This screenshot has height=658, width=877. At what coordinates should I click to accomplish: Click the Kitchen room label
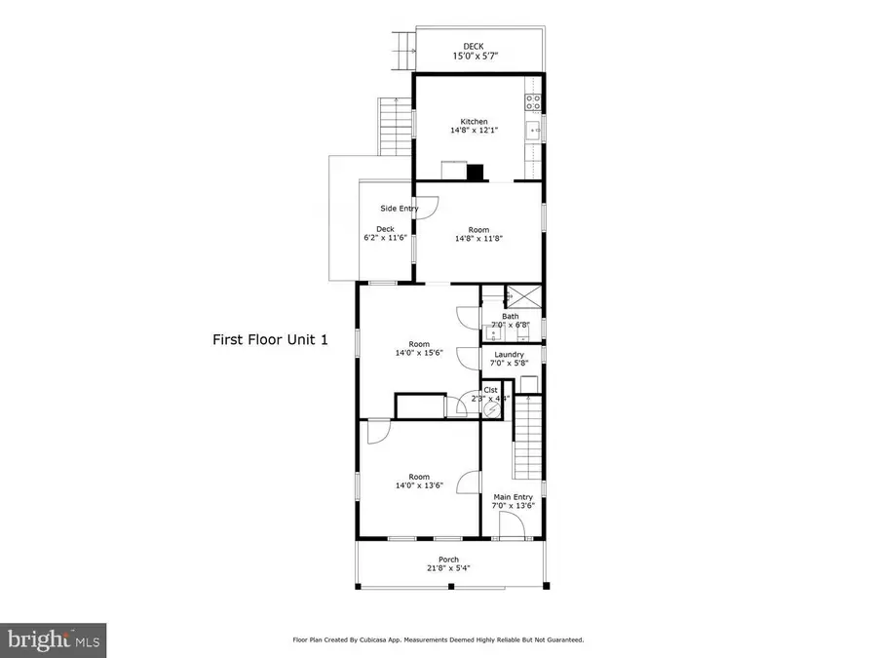475,122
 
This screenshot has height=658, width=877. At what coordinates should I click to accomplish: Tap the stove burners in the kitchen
533,100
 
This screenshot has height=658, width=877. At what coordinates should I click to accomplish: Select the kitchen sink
534,130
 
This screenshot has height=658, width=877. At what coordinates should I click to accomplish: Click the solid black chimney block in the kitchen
475,174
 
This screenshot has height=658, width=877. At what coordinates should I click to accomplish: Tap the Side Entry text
400,208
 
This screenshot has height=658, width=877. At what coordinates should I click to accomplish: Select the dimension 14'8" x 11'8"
477,238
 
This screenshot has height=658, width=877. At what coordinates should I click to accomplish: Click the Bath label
511,316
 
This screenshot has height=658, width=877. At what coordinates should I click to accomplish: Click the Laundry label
510,354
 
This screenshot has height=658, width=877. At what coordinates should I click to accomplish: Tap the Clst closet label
490,390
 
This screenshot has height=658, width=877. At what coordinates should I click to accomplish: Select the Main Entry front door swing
512,524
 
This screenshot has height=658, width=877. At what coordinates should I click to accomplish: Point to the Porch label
448,560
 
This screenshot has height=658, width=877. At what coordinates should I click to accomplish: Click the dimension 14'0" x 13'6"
419,485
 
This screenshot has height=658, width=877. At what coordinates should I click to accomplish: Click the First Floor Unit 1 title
271,340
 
